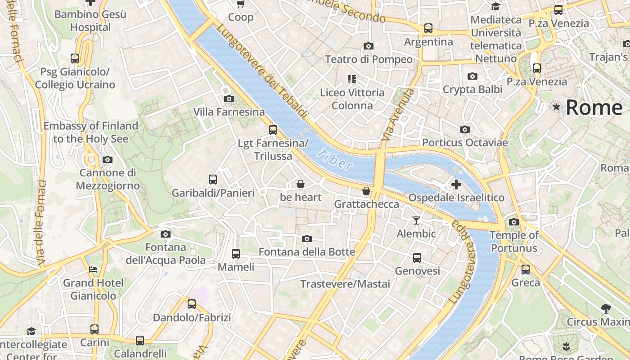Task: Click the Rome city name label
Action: [594, 108]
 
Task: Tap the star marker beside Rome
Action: [557, 107]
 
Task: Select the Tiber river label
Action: [334, 160]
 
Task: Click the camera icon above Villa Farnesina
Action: [229, 99]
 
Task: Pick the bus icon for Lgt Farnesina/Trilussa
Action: [273, 130]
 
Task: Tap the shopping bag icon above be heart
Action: [300, 184]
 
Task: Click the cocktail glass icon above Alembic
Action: [416, 220]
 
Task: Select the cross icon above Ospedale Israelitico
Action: [456, 184]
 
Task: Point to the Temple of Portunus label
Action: [514, 242]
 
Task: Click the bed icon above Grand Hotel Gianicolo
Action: [93, 270]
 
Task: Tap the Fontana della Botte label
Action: [307, 252]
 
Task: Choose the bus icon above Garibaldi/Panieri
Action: [213, 180]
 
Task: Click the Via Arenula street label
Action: [397, 115]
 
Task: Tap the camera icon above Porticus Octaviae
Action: [465, 130]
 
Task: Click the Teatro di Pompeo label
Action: [369, 59]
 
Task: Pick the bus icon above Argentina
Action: [428, 28]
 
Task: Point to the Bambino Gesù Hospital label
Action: [90, 21]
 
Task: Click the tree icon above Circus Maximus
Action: [606, 309]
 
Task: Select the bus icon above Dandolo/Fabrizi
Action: [192, 304]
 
